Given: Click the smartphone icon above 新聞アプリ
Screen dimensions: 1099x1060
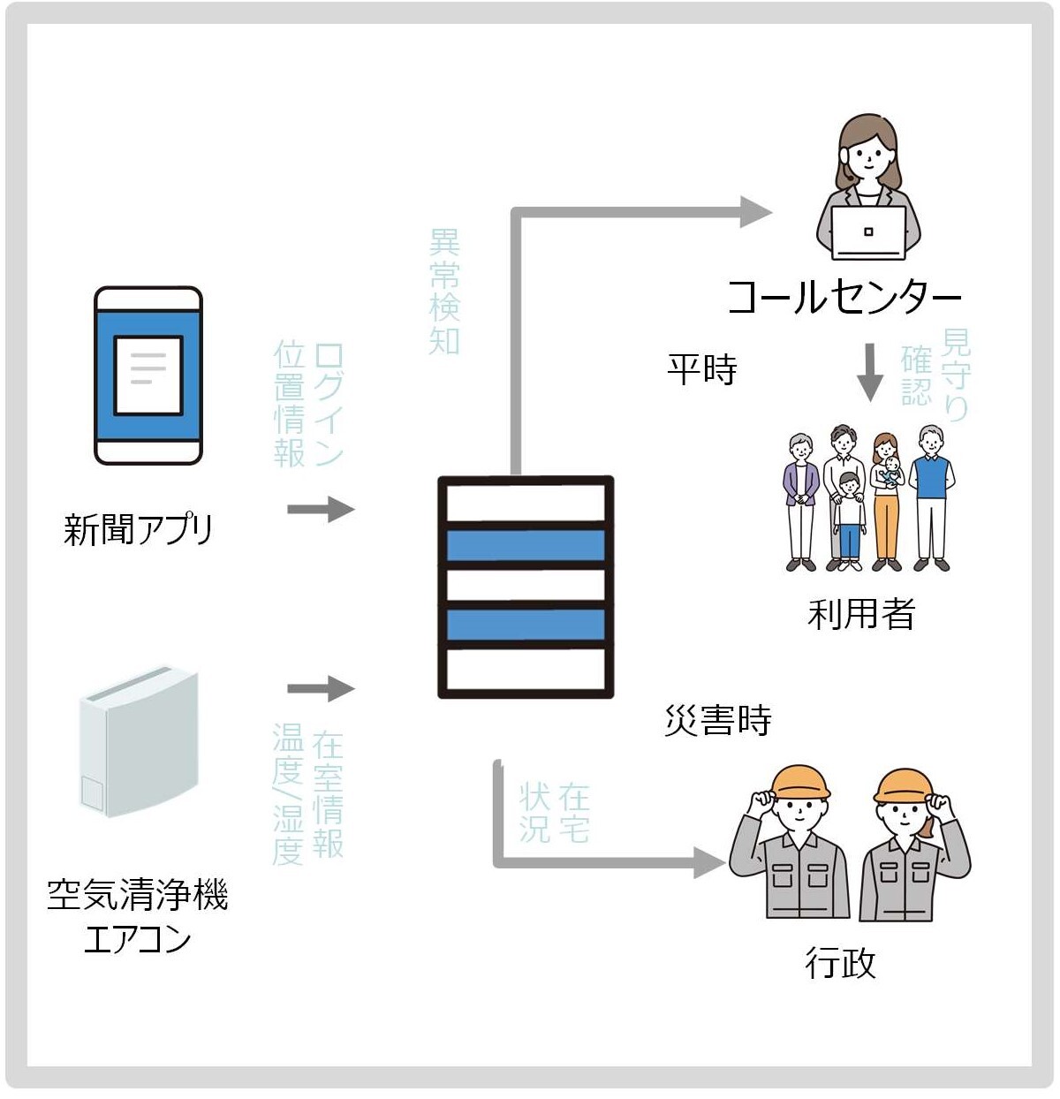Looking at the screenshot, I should coord(148,375).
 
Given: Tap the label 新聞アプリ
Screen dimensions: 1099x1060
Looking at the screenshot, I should coord(139,529).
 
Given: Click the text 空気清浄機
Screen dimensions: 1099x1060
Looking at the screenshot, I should coord(138,895).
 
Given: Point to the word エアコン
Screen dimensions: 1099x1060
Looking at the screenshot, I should coord(138,938).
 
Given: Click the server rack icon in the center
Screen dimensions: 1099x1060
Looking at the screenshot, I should coord(526,587).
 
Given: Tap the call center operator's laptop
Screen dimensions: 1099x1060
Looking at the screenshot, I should coord(869,233).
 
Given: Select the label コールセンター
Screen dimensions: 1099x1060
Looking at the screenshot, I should coord(844,297).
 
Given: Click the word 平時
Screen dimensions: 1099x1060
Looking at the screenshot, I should coord(702,369).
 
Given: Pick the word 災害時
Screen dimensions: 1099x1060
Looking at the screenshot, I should coord(718,720).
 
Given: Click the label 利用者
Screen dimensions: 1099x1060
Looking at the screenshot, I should coord(861,613).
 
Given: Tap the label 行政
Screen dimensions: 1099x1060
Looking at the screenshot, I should coord(840,962).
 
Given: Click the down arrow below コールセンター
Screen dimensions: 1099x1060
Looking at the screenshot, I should coord(870,372).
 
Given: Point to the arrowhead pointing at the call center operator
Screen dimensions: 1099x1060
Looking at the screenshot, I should coord(755,212).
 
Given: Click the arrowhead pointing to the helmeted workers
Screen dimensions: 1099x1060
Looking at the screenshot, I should coord(709,862).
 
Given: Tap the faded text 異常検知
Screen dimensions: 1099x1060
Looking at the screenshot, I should coord(444,292).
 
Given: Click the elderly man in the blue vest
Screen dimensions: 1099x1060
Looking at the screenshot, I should coord(931,495).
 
